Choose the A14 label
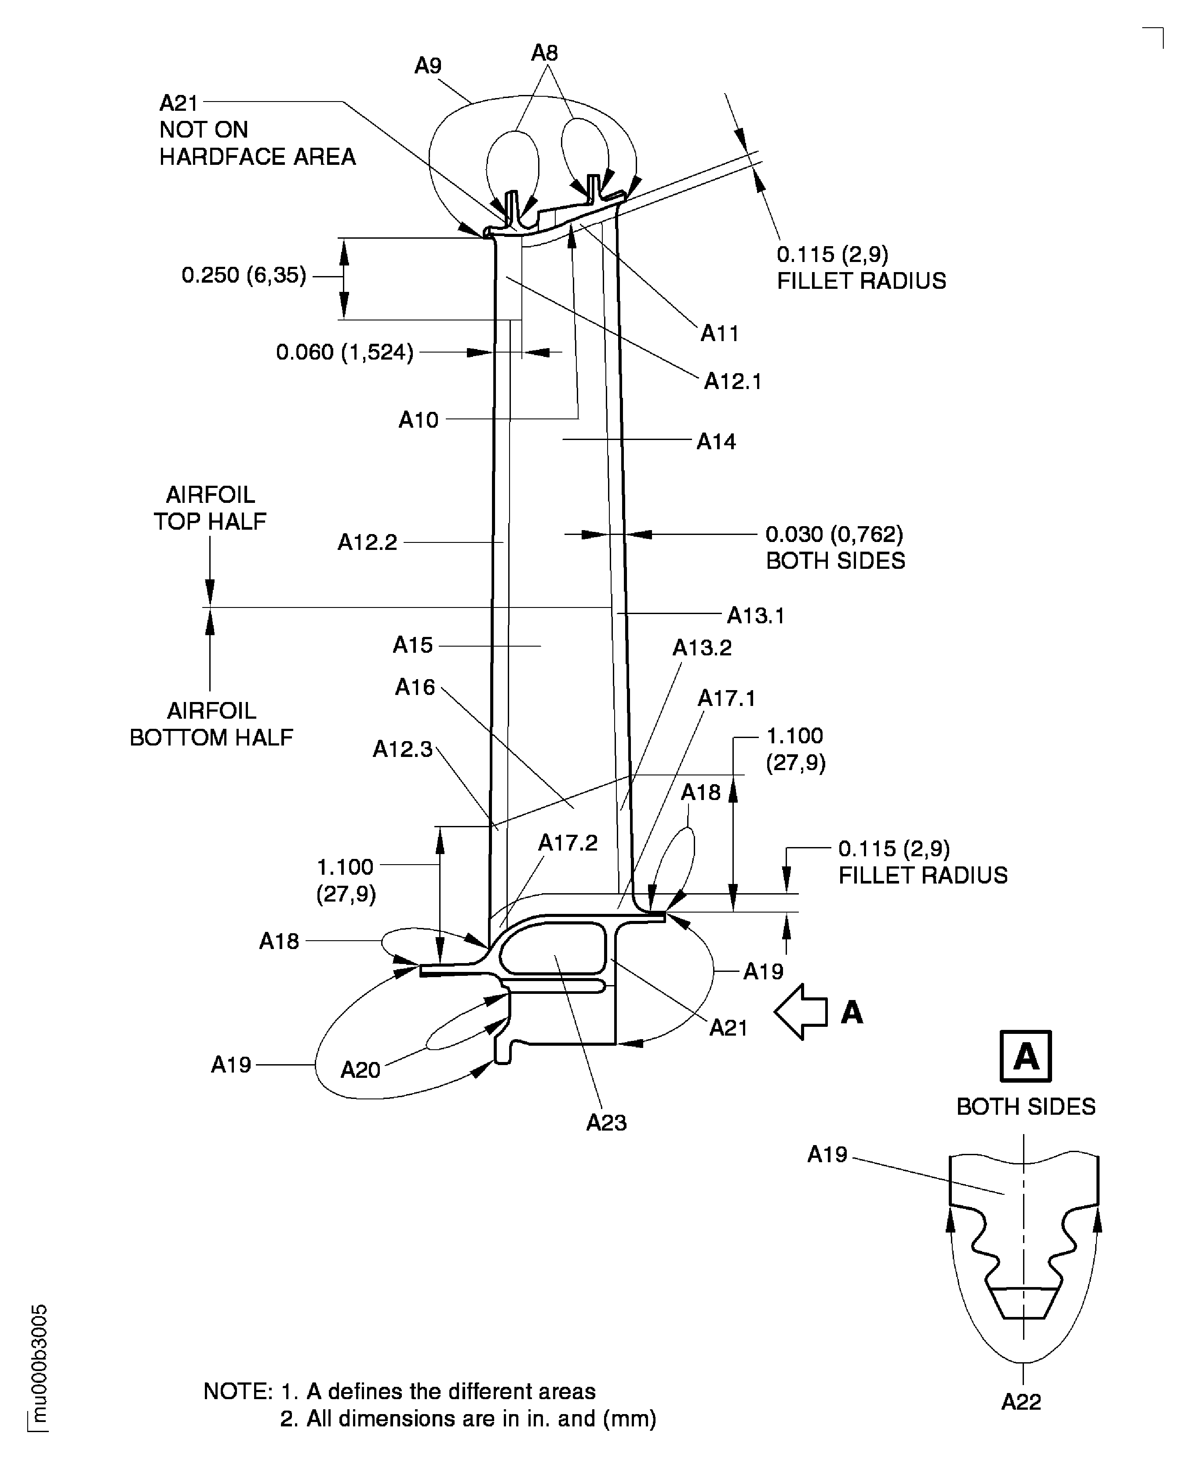[716, 442]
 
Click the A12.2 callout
[367, 542]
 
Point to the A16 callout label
[415, 687]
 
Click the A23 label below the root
[606, 1123]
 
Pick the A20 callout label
[360, 1070]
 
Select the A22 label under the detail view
[1021, 1402]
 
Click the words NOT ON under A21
[203, 130]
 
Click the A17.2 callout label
[568, 843]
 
